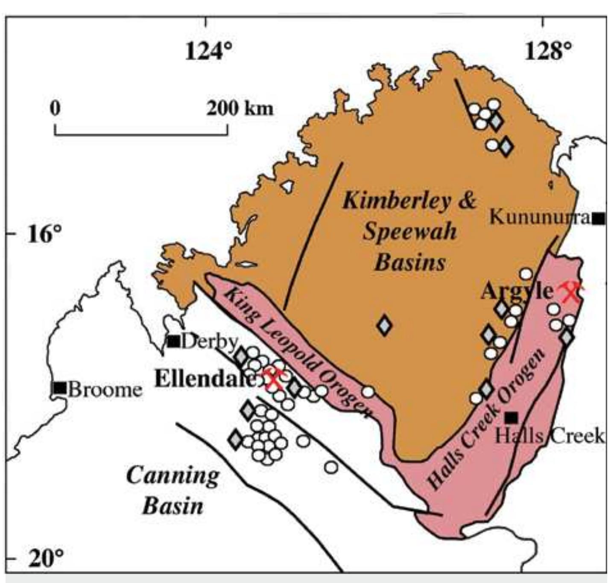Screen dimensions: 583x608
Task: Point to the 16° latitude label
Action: tap(44, 234)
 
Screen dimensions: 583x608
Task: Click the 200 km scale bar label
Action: tap(240, 109)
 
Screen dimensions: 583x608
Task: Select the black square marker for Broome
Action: tap(60, 388)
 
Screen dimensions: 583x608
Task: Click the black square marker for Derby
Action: tap(173, 341)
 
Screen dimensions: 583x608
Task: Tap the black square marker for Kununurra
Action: tap(599, 219)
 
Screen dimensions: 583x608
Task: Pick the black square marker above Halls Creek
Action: tap(511, 417)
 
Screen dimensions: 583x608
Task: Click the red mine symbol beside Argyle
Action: tap(570, 292)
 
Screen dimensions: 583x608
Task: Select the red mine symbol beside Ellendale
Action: tap(273, 380)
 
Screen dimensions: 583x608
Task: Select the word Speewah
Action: tap(409, 232)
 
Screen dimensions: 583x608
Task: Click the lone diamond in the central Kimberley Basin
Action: tap(385, 325)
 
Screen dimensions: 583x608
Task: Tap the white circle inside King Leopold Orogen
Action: tap(368, 391)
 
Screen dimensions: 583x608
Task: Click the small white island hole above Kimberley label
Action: tap(288, 186)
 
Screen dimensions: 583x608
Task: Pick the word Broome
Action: tap(105, 390)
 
